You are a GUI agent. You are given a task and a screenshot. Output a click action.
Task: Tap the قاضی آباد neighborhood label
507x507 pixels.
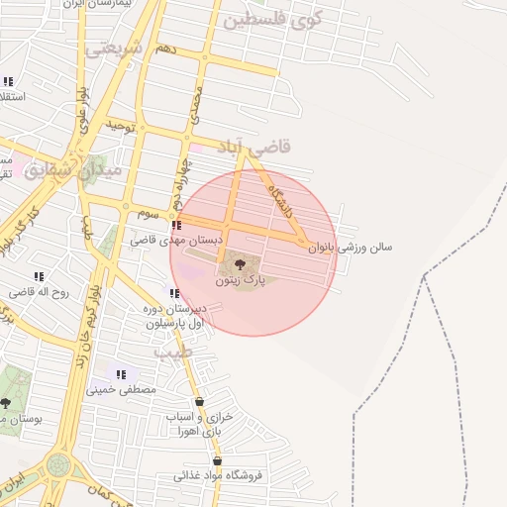(x=255, y=147)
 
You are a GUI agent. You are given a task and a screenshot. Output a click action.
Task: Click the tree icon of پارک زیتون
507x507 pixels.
(x=240, y=263)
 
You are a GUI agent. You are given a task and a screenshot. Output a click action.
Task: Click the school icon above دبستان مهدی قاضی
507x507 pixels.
(x=176, y=226)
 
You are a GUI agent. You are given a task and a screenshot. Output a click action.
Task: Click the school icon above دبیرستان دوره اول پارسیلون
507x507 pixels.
(x=175, y=293)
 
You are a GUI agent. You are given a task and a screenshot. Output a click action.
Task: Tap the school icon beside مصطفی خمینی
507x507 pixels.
(x=121, y=374)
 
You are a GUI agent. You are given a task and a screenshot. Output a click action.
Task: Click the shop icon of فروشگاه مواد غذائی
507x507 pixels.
(x=217, y=460)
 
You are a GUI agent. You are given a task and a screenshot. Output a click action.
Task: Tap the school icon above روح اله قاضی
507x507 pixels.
(x=39, y=277)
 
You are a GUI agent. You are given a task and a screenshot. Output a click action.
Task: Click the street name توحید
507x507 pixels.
(x=120, y=127)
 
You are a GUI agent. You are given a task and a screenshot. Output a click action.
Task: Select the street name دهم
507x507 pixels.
(x=165, y=49)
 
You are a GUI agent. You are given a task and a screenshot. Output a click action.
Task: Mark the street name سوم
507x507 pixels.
(x=149, y=213)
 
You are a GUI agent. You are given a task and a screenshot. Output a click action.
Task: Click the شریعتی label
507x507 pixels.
(x=115, y=48)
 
